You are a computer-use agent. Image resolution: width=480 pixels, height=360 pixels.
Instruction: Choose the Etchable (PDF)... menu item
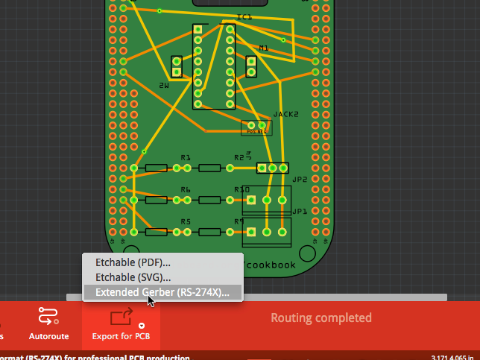click(x=133, y=262)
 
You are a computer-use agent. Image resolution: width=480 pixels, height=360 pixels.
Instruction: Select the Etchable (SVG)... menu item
click(x=133, y=277)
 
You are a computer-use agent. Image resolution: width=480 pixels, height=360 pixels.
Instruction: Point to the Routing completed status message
click(x=320, y=318)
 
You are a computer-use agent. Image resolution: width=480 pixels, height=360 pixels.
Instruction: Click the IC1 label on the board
click(x=244, y=16)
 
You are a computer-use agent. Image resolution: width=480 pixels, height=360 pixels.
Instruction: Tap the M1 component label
click(x=263, y=48)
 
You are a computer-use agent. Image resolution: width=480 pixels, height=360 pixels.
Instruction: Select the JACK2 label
click(x=285, y=114)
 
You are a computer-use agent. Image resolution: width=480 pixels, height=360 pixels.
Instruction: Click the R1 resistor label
click(x=186, y=158)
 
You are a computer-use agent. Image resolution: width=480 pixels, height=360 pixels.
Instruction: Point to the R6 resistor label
click(x=186, y=190)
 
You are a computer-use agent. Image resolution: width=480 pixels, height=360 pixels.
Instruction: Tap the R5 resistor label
click(x=186, y=222)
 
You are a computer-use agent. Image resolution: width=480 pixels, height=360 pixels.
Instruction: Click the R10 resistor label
click(x=241, y=190)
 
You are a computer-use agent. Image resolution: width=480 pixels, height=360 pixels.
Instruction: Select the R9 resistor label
click(x=239, y=222)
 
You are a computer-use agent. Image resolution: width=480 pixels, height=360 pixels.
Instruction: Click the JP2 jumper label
click(x=300, y=180)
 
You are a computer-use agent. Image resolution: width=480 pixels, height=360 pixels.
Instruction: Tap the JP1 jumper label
click(x=300, y=212)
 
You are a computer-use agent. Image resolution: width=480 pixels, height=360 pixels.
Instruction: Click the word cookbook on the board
click(x=271, y=265)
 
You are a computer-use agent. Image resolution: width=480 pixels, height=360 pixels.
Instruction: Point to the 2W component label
click(x=164, y=86)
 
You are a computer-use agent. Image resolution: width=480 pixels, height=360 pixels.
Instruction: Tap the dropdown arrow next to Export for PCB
click(x=142, y=326)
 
